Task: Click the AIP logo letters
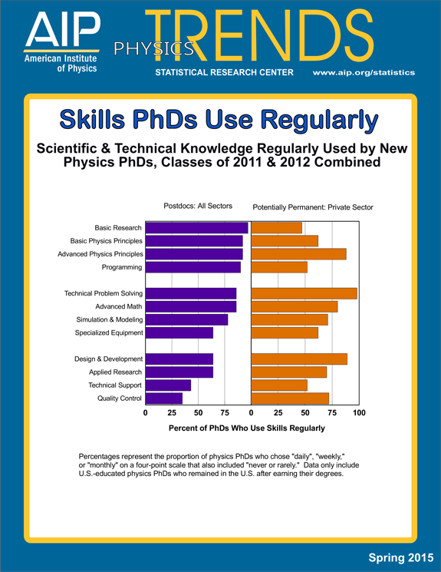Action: [63, 29]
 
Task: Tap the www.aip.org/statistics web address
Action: [364, 73]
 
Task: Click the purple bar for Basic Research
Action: [197, 227]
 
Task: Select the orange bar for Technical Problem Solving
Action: [304, 293]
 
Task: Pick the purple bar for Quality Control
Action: [164, 398]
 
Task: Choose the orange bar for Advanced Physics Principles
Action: [299, 254]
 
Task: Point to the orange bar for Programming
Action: [279, 267]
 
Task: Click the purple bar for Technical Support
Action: [168, 385]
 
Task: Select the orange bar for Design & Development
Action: [299, 359]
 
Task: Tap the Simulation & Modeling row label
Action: [110, 319]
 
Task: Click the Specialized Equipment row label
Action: [109, 332]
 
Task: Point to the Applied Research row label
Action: [115, 372]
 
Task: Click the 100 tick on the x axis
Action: [359, 412]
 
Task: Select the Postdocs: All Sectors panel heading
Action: [198, 206]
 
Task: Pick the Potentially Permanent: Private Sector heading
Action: [313, 207]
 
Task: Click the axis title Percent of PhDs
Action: [247, 428]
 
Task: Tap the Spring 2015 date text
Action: [401, 557]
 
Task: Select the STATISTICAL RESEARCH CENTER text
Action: [224, 73]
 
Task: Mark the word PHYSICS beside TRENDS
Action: [154, 49]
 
